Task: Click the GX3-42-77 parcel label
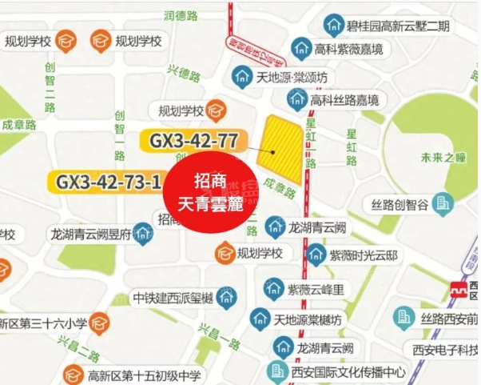pyautogui.click(x=194, y=141)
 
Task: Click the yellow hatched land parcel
pyautogui.click(x=281, y=149)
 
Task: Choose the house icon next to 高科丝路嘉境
pyautogui.click(x=297, y=99)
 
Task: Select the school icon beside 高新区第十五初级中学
pyautogui.click(x=74, y=374)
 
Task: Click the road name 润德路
pyautogui.click(x=181, y=15)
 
